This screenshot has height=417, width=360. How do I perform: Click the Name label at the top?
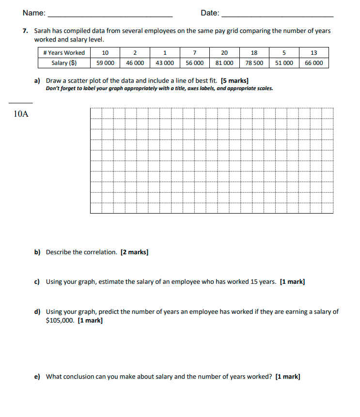click(34, 13)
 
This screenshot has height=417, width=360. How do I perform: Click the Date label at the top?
click(209, 13)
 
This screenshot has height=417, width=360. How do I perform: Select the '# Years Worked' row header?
click(64, 53)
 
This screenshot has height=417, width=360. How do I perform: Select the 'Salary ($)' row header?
click(64, 63)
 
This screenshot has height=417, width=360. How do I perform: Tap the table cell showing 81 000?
click(224, 63)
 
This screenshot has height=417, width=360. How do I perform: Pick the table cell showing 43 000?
click(165, 63)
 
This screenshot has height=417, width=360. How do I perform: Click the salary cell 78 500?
click(254, 63)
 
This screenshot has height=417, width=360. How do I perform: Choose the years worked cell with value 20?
click(224, 53)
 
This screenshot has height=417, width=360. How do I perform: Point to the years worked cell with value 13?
click(313, 53)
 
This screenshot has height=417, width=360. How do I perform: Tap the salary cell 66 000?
click(313, 63)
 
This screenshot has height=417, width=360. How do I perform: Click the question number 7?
click(25, 31)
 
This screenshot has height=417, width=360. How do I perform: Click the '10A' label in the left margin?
click(21, 114)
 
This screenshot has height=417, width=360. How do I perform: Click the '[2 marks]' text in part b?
click(134, 252)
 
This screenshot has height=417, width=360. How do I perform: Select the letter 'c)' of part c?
click(37, 282)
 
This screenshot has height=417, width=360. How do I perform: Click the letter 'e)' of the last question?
click(37, 377)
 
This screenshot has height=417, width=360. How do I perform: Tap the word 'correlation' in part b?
click(101, 252)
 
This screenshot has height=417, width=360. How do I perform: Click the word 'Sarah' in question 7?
click(43, 31)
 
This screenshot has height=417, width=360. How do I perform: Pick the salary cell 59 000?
click(105, 63)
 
